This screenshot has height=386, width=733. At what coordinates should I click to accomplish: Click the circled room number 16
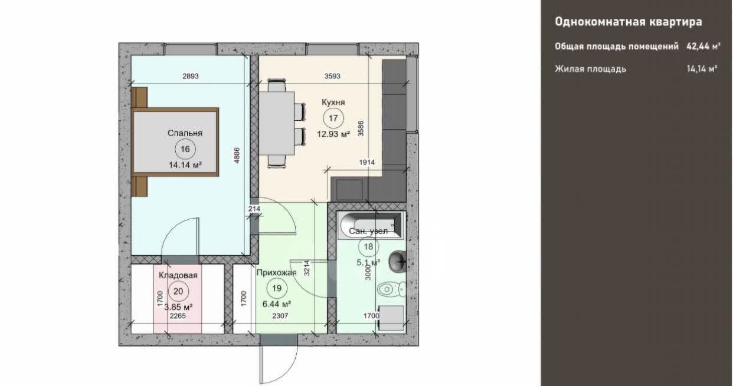tap(185, 149)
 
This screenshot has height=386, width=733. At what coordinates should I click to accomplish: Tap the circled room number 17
tap(333, 118)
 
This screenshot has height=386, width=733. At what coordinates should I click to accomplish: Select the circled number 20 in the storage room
tap(178, 291)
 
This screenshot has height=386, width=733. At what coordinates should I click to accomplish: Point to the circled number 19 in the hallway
tap(277, 288)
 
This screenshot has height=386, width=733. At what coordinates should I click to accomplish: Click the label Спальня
tap(185, 133)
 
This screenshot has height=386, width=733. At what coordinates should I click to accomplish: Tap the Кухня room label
tap(333, 103)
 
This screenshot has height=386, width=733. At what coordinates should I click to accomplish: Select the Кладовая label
tap(178, 275)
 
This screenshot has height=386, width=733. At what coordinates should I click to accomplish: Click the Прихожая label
tap(277, 273)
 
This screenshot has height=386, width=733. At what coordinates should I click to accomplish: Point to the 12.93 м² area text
tap(333, 134)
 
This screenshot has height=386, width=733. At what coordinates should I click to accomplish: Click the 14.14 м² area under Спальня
tap(185, 165)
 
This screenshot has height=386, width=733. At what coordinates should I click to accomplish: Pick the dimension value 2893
tap(191, 76)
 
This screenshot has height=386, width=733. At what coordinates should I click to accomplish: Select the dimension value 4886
tap(237, 155)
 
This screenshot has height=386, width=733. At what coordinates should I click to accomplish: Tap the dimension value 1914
tap(367, 162)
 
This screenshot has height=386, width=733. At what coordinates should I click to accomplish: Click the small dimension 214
tap(254, 209)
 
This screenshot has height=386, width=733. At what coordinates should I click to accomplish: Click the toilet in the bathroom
tap(391, 289)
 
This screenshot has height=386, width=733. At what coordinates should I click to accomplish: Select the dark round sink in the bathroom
tap(397, 262)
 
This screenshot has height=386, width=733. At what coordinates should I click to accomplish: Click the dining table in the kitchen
tap(277, 123)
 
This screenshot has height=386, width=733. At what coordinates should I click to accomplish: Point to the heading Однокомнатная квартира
tap(629, 22)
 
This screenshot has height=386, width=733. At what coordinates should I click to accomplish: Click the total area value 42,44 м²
tap(703, 47)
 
